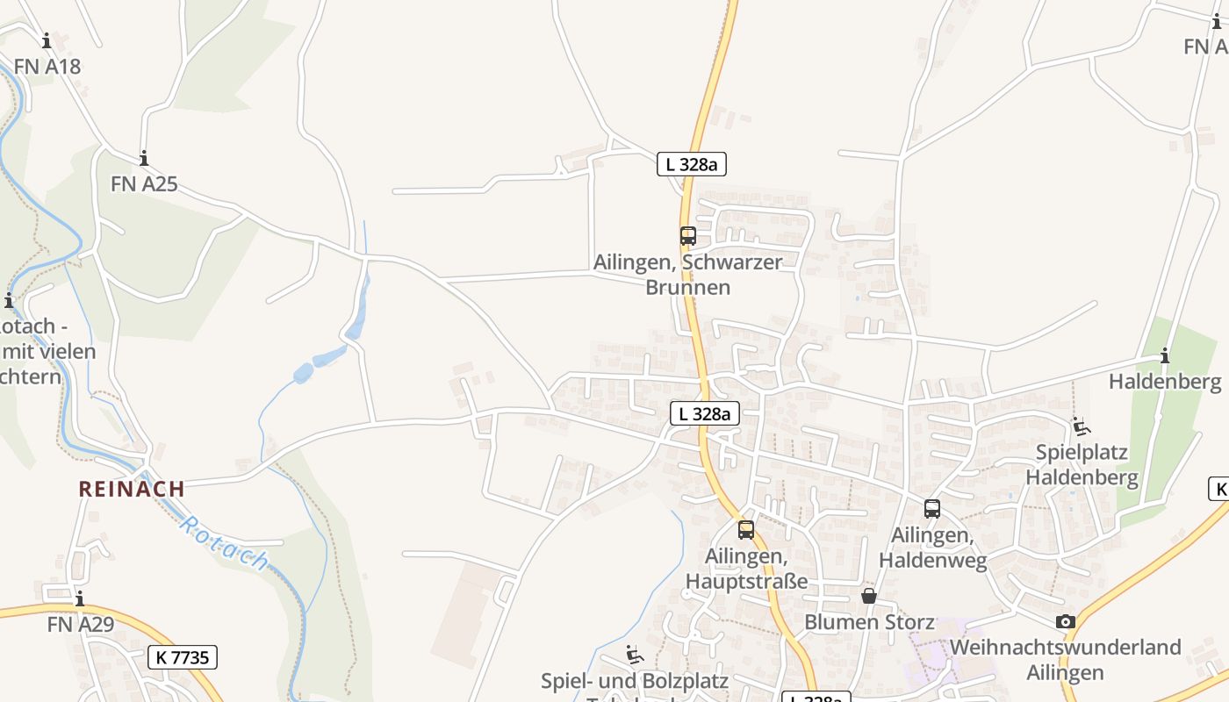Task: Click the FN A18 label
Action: pos(47,66)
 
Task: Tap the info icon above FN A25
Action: pos(144,159)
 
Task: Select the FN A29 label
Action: pos(80,625)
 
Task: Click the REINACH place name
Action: pos(132,489)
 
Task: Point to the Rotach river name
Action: pos(225,544)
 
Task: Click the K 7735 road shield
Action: pos(182,656)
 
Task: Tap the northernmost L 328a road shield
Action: pos(692,163)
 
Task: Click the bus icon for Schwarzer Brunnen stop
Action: pos(687,235)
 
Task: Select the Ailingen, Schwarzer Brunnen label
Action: pos(687,275)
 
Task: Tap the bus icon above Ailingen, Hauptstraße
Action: pos(746,530)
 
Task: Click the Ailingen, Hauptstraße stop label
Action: pos(746,569)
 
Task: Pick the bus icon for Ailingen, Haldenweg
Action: pos(932,509)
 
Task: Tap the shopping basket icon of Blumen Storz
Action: pos(869,597)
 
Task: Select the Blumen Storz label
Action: pos(869,622)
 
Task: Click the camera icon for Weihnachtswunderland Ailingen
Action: pos(1066,622)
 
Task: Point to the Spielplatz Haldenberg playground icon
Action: pos(1082,427)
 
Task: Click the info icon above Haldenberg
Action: pos(1165,356)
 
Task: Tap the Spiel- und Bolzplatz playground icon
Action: pos(634,655)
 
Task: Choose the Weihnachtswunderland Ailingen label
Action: pos(1066,660)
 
